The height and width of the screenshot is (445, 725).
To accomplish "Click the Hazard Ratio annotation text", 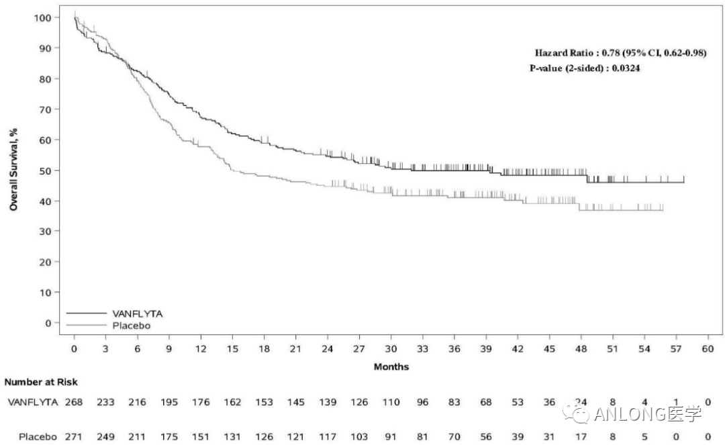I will click(620, 53).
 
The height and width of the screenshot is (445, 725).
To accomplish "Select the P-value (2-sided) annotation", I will click(584, 68).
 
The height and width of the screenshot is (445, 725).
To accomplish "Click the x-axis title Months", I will click(391, 367).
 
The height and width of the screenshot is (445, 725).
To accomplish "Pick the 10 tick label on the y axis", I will click(46, 293).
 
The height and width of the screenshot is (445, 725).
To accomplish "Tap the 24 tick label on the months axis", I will click(328, 349).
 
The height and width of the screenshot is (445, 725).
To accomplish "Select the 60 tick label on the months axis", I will click(708, 349).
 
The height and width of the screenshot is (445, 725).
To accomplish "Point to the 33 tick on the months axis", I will click(422, 349).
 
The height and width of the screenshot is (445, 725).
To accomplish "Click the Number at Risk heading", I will click(41, 383).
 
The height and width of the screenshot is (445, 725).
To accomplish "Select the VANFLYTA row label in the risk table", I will click(32, 402).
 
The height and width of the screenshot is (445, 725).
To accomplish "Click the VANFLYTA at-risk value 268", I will click(74, 402).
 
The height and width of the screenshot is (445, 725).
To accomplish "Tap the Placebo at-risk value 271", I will click(74, 437).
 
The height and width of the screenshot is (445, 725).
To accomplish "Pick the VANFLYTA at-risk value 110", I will click(391, 402).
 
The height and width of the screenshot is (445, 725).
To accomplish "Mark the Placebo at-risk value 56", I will click(486, 437).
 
